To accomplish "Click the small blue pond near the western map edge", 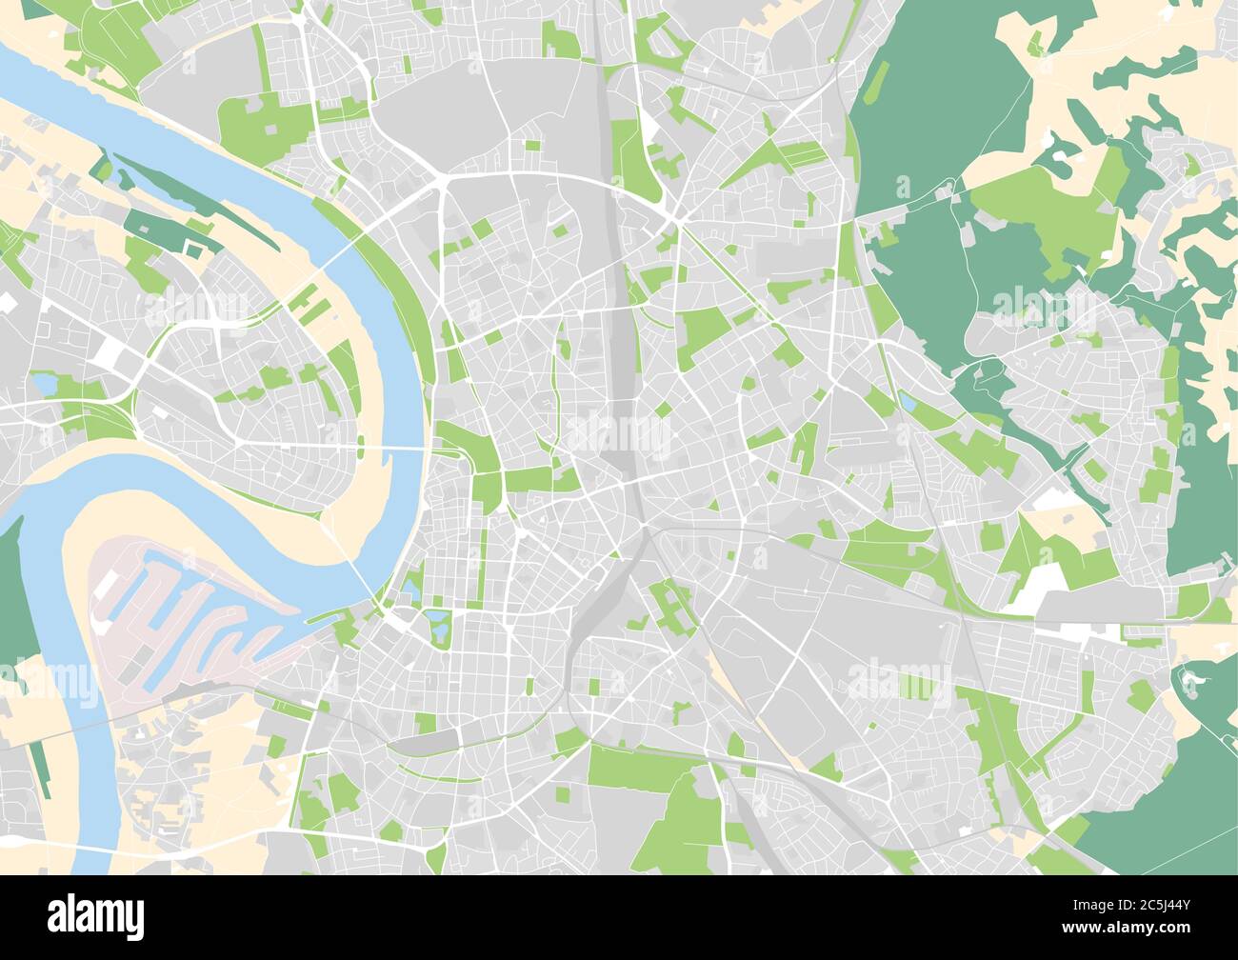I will point(44,384).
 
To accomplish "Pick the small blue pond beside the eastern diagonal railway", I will point(908,404).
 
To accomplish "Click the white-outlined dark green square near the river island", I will point(195,250).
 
